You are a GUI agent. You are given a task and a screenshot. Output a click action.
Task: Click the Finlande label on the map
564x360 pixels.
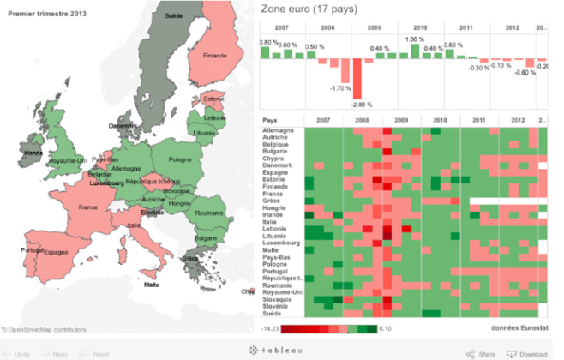pyautogui.click(x=215, y=57)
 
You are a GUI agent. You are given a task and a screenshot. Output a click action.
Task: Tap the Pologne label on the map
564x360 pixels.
pyautogui.click(x=180, y=159)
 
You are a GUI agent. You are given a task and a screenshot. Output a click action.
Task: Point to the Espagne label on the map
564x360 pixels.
pyautogui.click(x=56, y=252)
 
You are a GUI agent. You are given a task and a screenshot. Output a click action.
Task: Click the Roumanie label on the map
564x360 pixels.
pyautogui.click(x=208, y=212)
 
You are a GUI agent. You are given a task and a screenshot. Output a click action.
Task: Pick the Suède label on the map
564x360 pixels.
pyautogui.click(x=173, y=15)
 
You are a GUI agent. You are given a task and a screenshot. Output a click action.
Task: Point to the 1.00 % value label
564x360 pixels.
pyautogui.click(x=415, y=39)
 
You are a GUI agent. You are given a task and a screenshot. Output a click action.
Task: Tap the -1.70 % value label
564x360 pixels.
pyautogui.click(x=340, y=88)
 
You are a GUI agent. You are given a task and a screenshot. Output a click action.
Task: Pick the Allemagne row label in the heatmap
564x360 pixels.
pyautogui.click(x=279, y=130)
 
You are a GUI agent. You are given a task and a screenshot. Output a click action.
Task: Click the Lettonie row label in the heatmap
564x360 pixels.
pyautogui.click(x=275, y=229)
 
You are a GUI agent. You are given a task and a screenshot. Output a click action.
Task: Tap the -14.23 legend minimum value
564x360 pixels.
pyautogui.click(x=270, y=327)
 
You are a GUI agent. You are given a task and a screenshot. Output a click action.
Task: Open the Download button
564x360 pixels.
pyautogui.click(x=527, y=353)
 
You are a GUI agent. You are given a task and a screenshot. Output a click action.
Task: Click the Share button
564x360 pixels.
pyautogui.click(x=482, y=353)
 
